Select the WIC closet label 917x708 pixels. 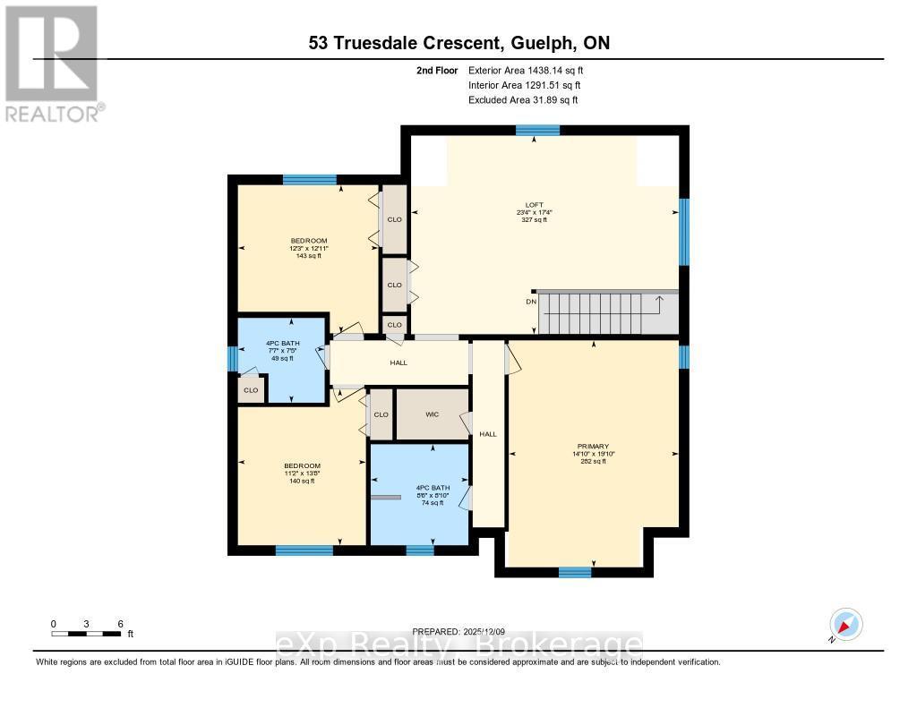[x=432, y=414]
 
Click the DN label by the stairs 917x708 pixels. [x=530, y=302]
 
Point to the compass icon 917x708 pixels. [x=845, y=624]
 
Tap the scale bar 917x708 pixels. [x=86, y=634]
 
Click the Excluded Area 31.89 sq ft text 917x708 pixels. [x=523, y=100]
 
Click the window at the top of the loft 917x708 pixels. [x=537, y=131]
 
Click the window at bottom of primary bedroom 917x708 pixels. [x=575, y=572]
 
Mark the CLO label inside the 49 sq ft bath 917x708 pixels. [x=251, y=390]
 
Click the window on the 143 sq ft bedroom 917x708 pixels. [x=309, y=180]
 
